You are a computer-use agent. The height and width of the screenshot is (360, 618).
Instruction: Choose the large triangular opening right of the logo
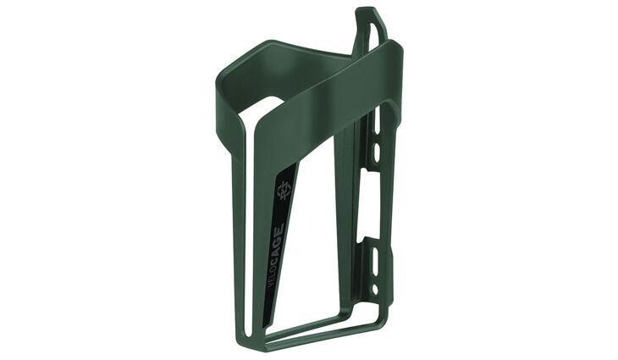pyautogui.click(x=317, y=220)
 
